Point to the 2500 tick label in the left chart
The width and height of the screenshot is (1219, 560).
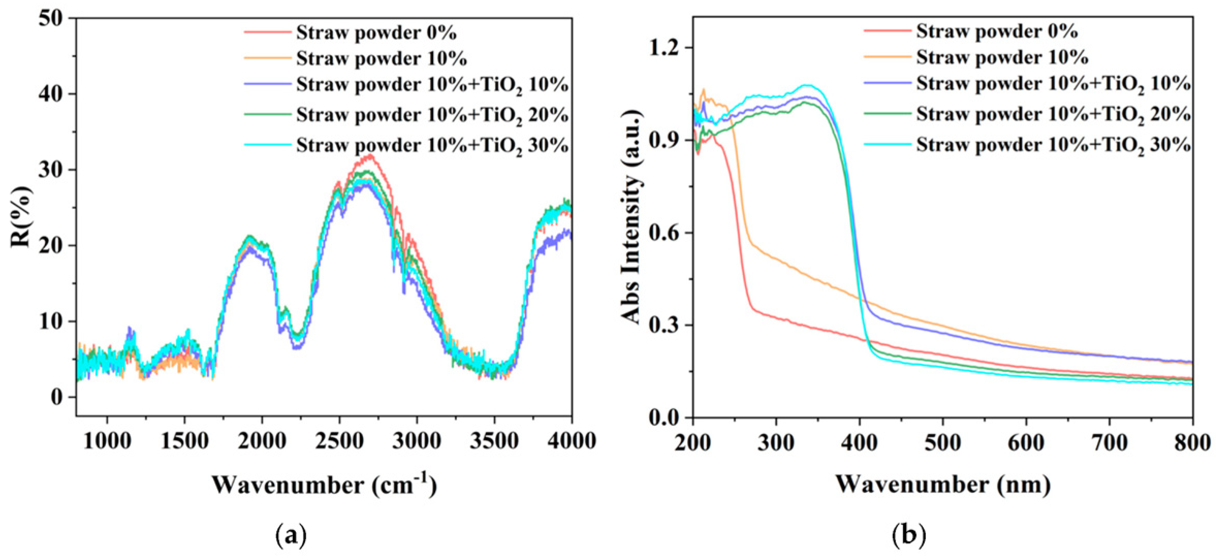coord(339,441)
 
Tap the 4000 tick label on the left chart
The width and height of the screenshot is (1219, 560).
coord(571,441)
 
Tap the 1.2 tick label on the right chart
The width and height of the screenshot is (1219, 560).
coord(661,48)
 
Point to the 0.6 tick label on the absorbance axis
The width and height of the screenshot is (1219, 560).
coord(661,233)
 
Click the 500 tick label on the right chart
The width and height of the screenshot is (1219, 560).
coord(943,443)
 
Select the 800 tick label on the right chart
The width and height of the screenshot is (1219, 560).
coord(1192,443)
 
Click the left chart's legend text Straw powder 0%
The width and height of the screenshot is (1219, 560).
coord(376,33)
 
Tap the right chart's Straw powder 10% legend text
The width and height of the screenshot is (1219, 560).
coord(1002,57)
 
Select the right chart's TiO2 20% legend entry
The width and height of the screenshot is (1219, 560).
coord(1054,115)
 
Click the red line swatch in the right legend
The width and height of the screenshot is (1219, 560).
coord(886,31)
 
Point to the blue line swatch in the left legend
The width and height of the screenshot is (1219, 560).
coord(267,84)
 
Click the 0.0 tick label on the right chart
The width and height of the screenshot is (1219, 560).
coord(661,418)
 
